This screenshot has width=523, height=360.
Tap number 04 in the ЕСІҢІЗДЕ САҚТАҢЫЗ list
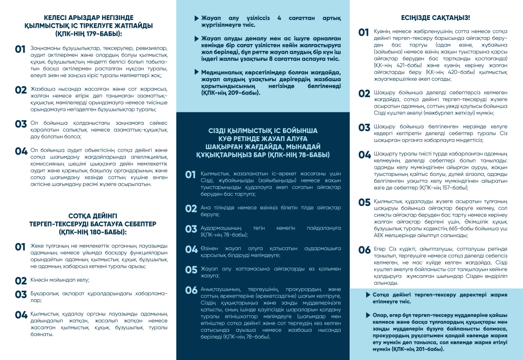pyautogui.click(x=365, y=155)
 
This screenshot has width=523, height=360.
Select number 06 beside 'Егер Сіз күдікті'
pyautogui.click(x=365, y=250)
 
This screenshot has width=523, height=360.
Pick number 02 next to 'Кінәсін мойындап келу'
pyautogui.click(x=21, y=281)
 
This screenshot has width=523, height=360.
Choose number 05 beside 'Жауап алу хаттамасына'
pyautogui.click(x=191, y=270)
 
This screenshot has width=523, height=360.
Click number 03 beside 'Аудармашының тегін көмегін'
pyautogui.click(x=191, y=229)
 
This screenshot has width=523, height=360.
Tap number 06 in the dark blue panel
pyautogui.click(x=191, y=290)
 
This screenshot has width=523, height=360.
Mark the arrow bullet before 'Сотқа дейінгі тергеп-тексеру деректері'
pyautogui.click(x=368, y=295)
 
